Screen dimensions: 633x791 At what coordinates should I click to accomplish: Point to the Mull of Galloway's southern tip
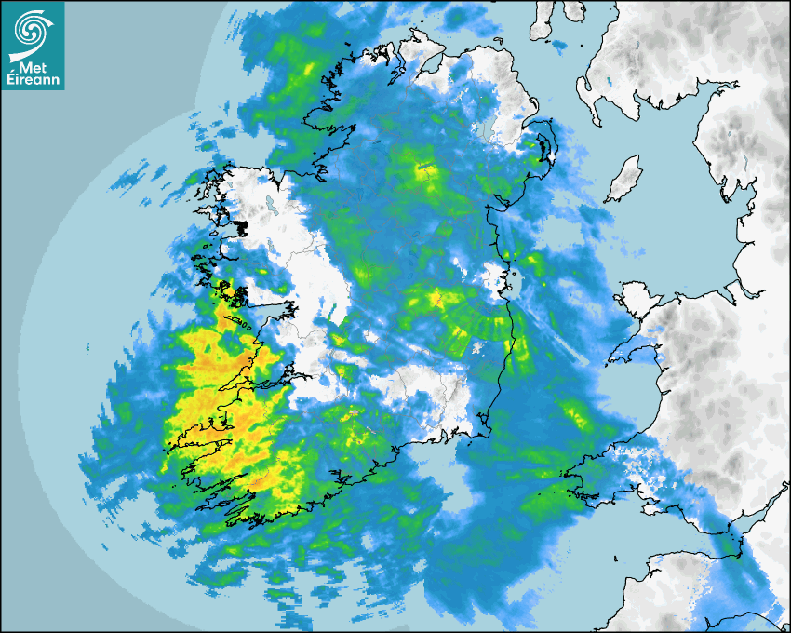point(596,117)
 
